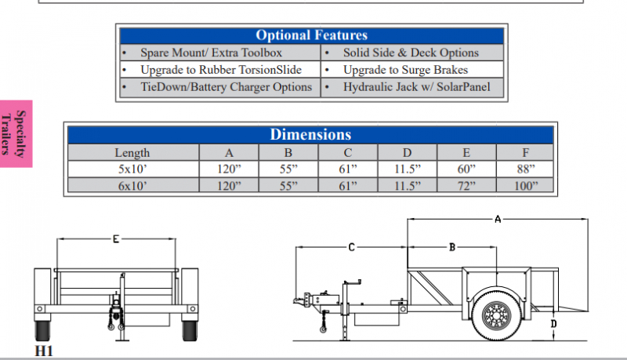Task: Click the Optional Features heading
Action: pos(311,35)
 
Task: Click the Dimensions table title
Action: pos(311,134)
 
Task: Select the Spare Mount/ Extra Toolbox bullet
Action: pos(211,53)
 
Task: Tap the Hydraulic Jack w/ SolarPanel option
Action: pos(416,86)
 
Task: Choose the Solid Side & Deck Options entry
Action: pos(411,53)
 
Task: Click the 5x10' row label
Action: pos(132,169)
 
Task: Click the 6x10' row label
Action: pos(132,186)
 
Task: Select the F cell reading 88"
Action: pos(525,169)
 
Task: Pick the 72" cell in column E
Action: pos(466,186)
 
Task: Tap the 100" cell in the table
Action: pos(525,186)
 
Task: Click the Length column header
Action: pos(132,153)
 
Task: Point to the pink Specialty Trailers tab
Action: pos(16,133)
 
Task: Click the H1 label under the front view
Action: pos(44,351)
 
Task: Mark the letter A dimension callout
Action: pos(497,220)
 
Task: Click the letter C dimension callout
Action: pos(351,247)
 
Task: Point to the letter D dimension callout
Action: pos(554,323)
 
